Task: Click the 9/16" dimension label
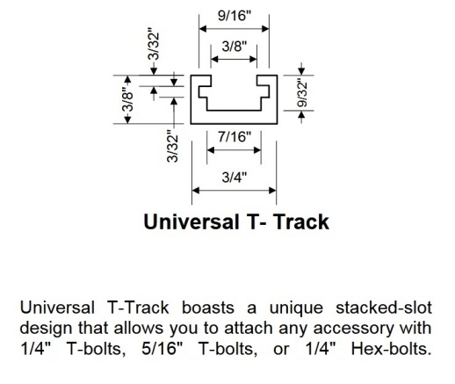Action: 235,15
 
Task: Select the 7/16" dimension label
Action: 235,136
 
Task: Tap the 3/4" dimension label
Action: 235,178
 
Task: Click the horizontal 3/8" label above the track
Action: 235,46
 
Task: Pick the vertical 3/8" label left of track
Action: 128,99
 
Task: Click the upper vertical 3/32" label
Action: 154,44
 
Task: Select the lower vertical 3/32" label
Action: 172,149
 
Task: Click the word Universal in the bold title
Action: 191,221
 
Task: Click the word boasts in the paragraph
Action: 208,308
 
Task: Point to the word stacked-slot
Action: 384,308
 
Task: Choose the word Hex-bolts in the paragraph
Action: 392,349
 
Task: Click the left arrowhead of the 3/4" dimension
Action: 196,191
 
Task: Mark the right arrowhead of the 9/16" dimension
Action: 265,29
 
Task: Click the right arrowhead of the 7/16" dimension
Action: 257,150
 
